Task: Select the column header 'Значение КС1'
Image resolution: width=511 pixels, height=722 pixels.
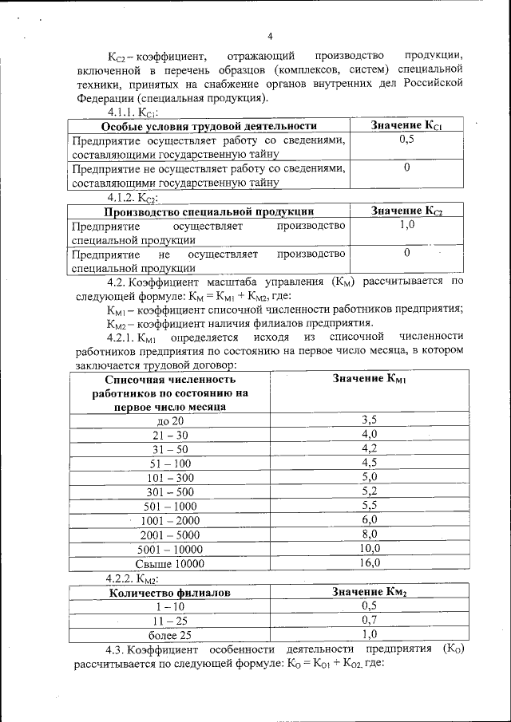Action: [x=406, y=126]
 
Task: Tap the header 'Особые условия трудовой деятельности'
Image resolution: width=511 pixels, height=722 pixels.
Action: [x=209, y=126]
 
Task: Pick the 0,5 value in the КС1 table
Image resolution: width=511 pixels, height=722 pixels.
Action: [x=406, y=140]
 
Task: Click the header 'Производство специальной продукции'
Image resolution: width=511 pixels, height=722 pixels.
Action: [x=209, y=211]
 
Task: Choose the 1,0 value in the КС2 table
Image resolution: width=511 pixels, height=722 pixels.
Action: [x=406, y=225]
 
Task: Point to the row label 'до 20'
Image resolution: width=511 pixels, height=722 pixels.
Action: [x=171, y=420]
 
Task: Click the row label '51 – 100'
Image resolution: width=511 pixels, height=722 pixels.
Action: [x=170, y=463]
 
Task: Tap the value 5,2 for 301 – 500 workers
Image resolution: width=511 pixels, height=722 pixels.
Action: [x=368, y=491]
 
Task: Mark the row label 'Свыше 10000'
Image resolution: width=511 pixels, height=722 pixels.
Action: [x=170, y=563]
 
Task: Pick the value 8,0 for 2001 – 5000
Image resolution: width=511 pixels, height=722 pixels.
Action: [x=368, y=534]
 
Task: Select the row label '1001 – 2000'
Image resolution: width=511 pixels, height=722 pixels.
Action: [x=170, y=520]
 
